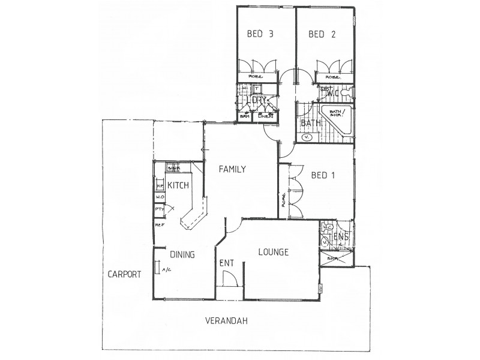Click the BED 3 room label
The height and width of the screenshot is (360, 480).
pyautogui.click(x=260, y=34)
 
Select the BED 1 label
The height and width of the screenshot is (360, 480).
pyautogui.click(x=323, y=176)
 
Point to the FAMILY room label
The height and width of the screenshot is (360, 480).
pyautogui.click(x=232, y=169)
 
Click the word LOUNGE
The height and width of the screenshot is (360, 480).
pyautogui.click(x=274, y=252)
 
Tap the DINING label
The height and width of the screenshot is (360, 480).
pyautogui.click(x=182, y=254)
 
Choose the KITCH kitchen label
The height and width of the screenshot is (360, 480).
pyautogui.click(x=178, y=186)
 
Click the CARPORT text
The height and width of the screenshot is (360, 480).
pyautogui.click(x=124, y=275)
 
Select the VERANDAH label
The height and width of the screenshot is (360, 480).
pyautogui.click(x=226, y=321)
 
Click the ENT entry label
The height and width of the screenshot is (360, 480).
pyautogui.click(x=227, y=262)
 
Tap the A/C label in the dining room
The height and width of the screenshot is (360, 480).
pyautogui.click(x=166, y=270)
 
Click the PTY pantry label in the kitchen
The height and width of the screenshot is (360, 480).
pyautogui.click(x=159, y=209)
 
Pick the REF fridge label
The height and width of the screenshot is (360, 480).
pyautogui.click(x=159, y=225)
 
